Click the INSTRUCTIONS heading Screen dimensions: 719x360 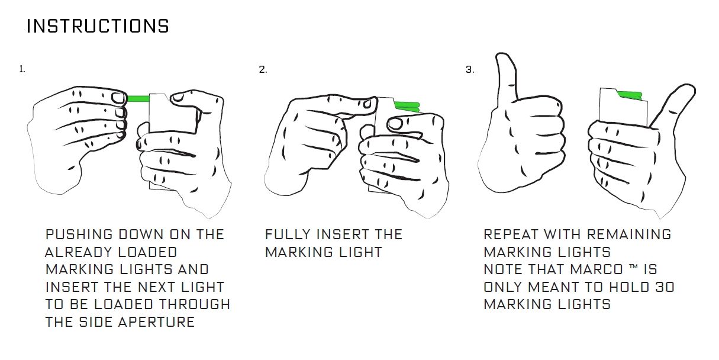[98, 26]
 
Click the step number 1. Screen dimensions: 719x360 [22, 69]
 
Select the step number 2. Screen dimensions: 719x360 [263, 69]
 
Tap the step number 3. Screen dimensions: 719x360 [470, 69]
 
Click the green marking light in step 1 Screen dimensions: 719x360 [138, 98]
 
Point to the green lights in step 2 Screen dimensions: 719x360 [407, 107]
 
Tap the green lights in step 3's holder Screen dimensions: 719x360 [629, 95]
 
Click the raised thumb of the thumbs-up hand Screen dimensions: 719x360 [507, 75]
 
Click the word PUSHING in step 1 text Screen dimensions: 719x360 [79, 234]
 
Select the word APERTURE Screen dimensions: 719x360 [157, 322]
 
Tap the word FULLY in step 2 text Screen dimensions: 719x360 [288, 234]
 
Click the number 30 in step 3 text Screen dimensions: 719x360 [665, 287]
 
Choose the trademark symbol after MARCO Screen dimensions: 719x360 [633, 266]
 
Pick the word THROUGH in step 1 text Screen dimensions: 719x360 [195, 304]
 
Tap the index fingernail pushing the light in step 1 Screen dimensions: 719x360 [118, 98]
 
